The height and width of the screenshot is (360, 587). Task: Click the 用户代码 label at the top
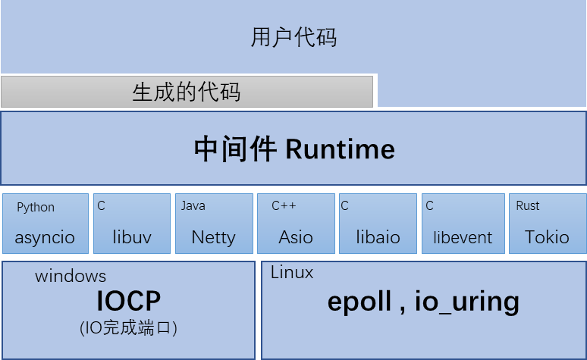click(293, 38)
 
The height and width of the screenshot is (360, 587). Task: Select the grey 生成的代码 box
click(187, 92)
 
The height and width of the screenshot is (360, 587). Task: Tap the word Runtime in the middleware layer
click(340, 149)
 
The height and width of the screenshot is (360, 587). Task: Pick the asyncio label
click(45, 237)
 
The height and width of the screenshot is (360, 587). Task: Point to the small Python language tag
click(36, 207)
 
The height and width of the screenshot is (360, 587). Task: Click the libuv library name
click(132, 237)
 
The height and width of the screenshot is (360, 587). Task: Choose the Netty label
click(213, 237)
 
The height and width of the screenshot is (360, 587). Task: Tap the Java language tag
click(193, 205)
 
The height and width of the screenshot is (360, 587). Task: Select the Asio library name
click(296, 237)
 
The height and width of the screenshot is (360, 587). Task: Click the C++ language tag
click(284, 205)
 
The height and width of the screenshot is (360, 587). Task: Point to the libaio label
click(378, 237)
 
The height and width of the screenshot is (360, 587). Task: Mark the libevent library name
click(463, 237)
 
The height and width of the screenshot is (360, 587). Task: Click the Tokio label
click(547, 237)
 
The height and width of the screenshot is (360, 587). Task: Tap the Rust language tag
click(528, 205)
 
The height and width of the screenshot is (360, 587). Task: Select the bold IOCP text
click(128, 302)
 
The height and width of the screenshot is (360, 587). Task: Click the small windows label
click(71, 276)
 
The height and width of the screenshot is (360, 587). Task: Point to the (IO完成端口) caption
click(128, 328)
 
